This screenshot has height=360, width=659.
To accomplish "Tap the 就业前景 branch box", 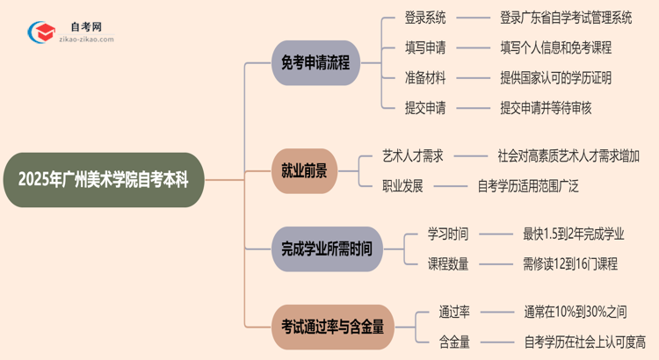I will pyautogui.click(x=303, y=171).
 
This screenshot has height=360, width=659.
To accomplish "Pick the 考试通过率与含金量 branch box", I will pyautogui.click(x=332, y=326).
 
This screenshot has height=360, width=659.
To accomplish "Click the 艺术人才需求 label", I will pyautogui.click(x=413, y=155).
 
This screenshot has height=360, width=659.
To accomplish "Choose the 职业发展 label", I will pyautogui.click(x=402, y=185).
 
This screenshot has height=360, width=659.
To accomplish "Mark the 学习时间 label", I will pyautogui.click(x=448, y=234).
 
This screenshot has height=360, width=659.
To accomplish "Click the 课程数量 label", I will pyautogui.click(x=448, y=263).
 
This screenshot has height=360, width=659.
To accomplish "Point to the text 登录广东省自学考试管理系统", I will pyautogui.click(x=565, y=17).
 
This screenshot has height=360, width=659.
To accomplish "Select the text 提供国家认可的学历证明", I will pyautogui.click(x=555, y=77).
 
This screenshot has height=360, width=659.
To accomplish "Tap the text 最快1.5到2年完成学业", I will pyautogui.click(x=573, y=234).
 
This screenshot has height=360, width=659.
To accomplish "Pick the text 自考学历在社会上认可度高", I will pyautogui.click(x=584, y=341).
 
